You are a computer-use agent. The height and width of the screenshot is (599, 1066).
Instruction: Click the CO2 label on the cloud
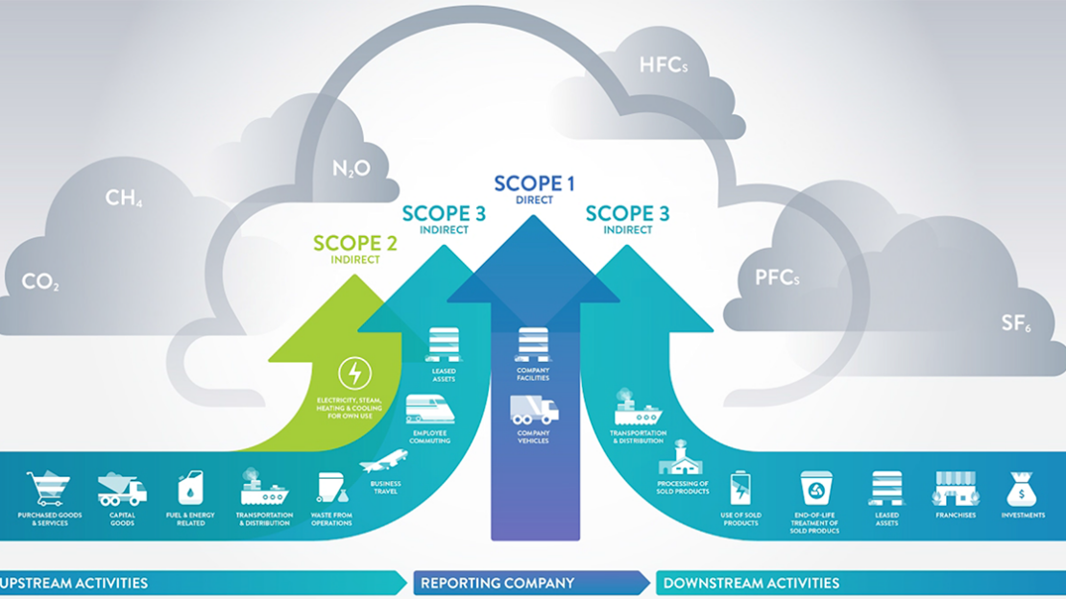click(40, 282)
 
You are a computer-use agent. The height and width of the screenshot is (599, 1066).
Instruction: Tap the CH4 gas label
click(124, 200)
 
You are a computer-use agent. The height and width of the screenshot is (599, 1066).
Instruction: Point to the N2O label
click(351, 169)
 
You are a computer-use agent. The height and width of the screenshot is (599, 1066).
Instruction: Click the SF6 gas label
click(1016, 323)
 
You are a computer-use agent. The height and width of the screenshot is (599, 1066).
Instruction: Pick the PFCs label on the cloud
click(777, 279)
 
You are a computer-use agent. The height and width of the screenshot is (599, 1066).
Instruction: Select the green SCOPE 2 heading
click(355, 244)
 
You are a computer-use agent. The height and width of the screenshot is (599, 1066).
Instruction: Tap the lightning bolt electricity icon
click(354, 372)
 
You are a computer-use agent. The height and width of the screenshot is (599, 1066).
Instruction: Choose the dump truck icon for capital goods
click(122, 489)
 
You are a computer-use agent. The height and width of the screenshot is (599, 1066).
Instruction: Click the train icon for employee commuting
click(429, 409)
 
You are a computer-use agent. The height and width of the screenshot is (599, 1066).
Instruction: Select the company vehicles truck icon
click(534, 409)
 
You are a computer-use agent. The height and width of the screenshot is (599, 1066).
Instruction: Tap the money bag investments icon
click(1022, 489)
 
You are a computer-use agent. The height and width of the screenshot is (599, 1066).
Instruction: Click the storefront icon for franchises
click(955, 488)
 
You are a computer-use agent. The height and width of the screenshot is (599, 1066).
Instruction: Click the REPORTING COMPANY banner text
click(497, 583)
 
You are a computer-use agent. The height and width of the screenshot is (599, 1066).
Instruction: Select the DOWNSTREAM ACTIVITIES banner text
click(751, 583)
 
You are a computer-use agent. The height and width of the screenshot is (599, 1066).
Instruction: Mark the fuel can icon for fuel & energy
click(190, 489)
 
